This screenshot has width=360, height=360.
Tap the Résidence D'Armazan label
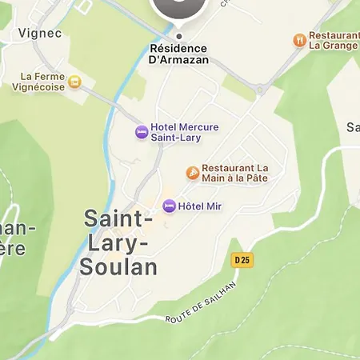click(178, 54)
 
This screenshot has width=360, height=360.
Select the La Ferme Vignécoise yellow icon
click(74, 81)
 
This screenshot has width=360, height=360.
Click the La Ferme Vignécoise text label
click(42, 82)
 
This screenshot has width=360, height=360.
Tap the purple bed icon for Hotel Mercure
click(142, 131)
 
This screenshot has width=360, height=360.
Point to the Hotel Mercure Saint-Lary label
click(185, 132)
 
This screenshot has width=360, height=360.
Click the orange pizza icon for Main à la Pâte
click(192, 173)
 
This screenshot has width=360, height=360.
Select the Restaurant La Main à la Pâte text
click(236, 173)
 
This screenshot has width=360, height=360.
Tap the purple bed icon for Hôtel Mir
click(169, 206)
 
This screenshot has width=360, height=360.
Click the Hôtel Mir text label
click(200, 206)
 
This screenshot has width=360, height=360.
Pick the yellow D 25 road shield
click(242, 260)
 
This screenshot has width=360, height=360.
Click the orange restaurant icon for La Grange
click(300, 39)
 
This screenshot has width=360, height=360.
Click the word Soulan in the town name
click(118, 266)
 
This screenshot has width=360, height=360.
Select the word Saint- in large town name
click(118, 218)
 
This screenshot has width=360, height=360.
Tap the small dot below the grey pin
click(178, 36)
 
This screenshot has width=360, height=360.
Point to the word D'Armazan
click(179, 60)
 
